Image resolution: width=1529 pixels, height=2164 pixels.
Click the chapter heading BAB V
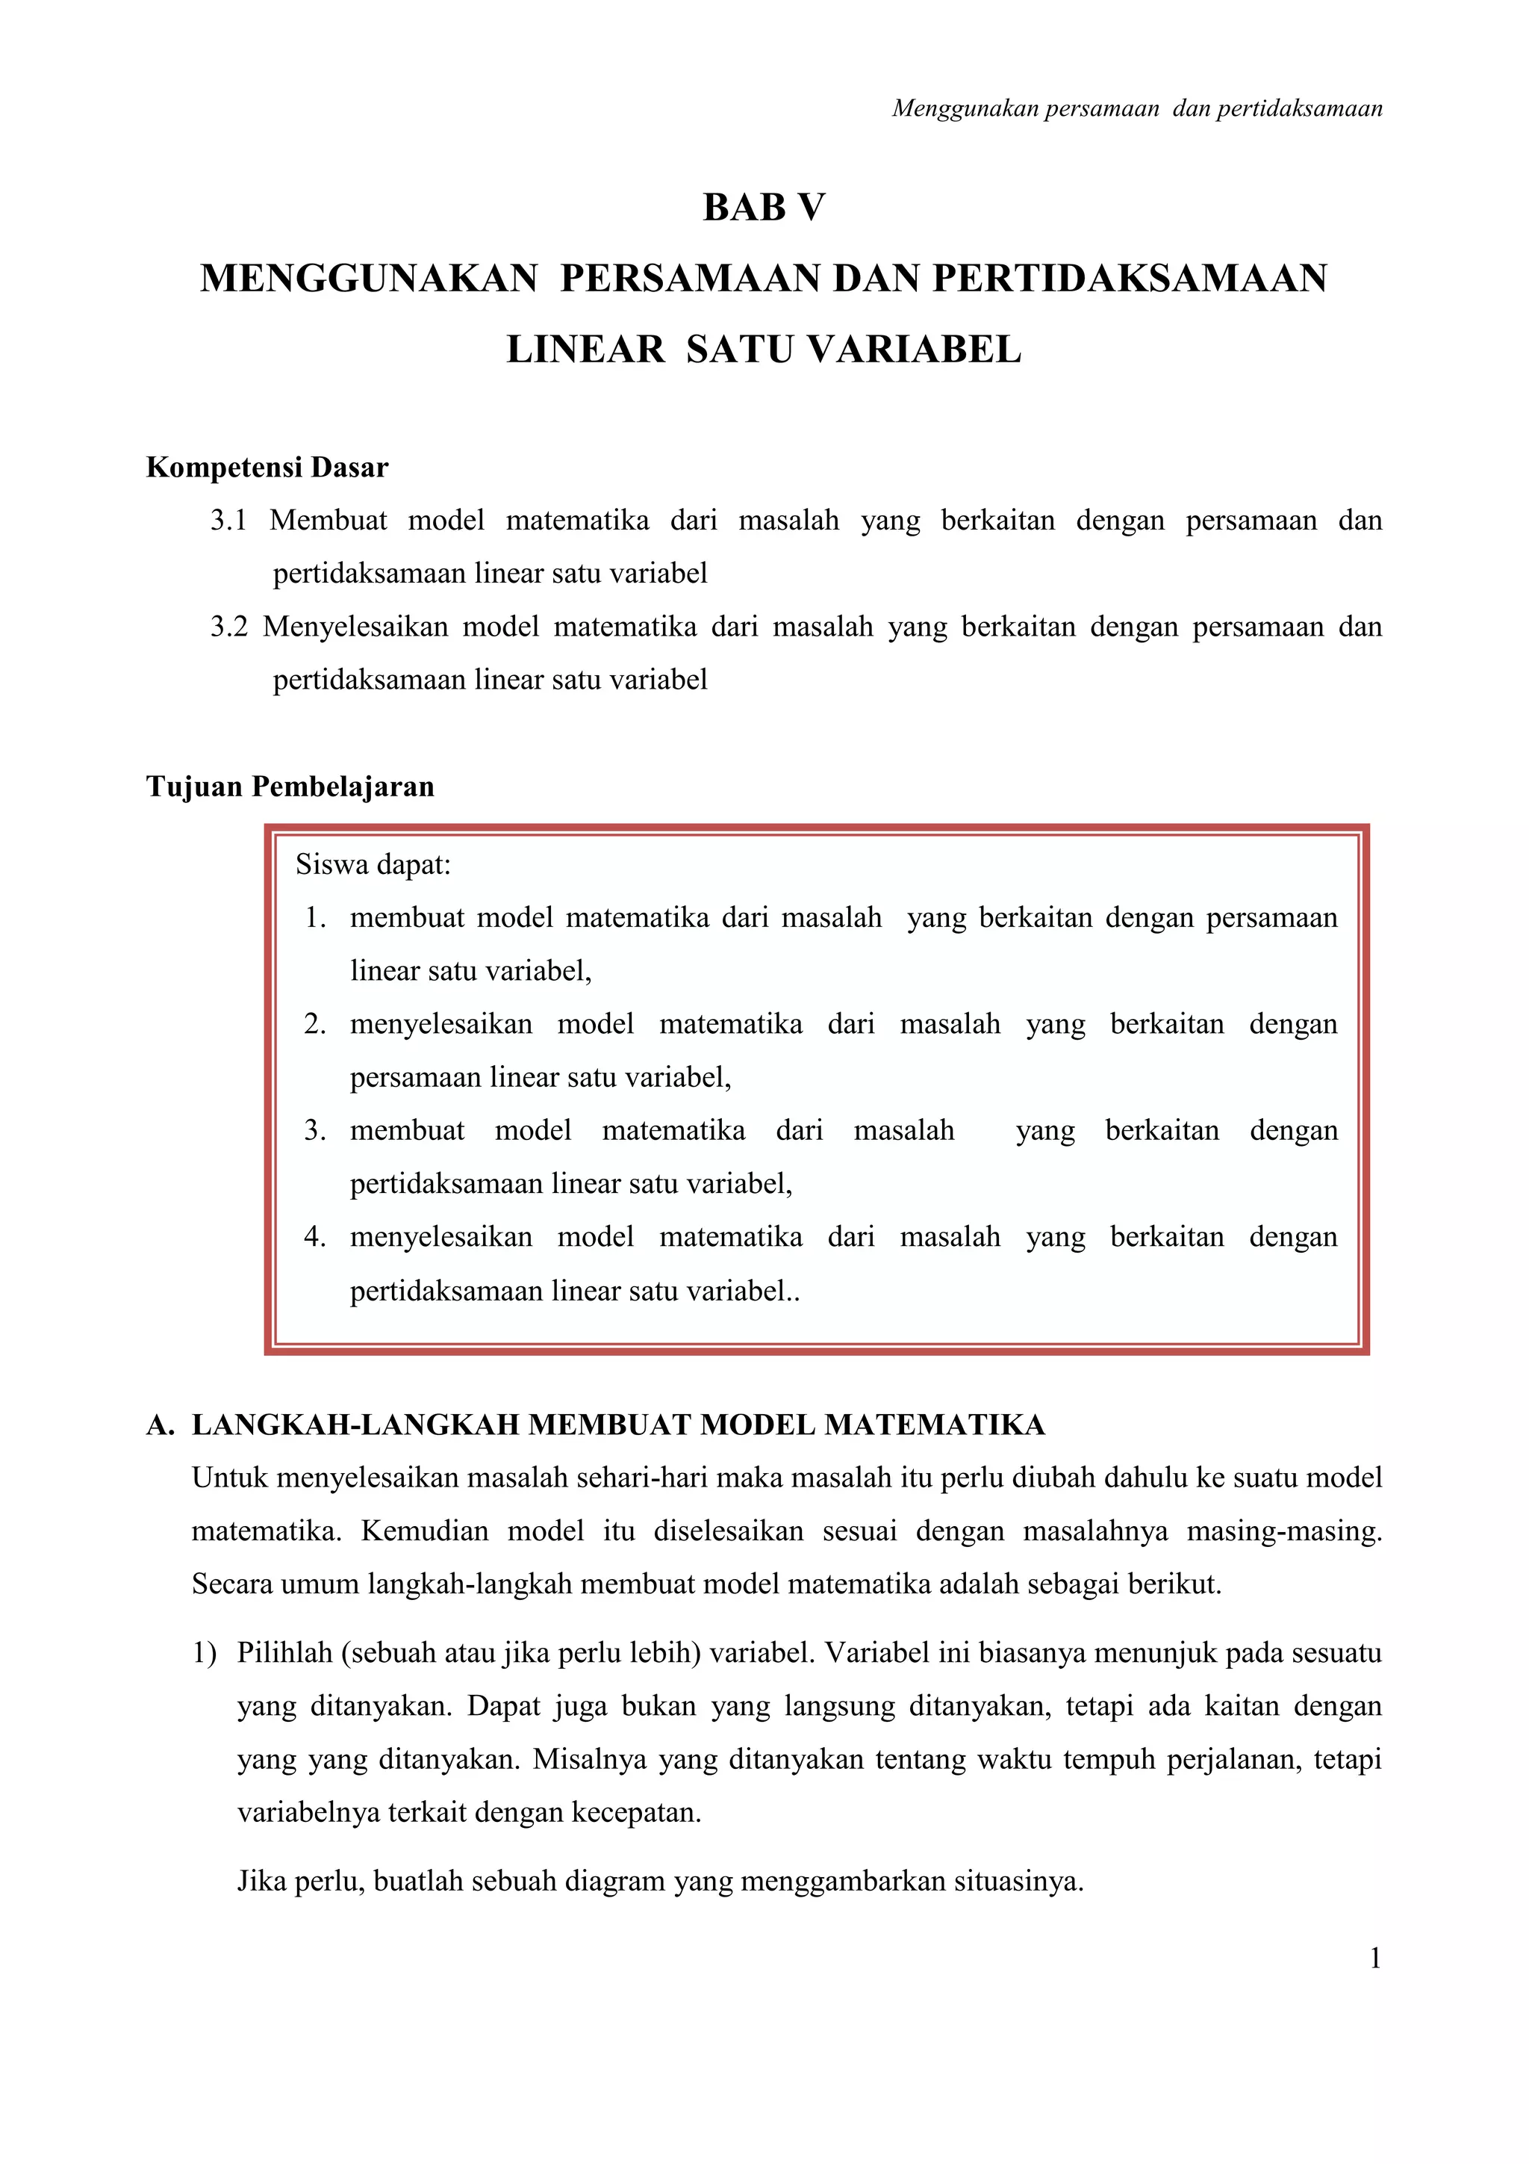click(763, 208)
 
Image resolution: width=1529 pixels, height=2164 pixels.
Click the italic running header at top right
click(1136, 109)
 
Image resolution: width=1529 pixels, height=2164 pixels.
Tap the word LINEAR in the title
click(585, 350)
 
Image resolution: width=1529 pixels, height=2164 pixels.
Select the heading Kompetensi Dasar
click(267, 468)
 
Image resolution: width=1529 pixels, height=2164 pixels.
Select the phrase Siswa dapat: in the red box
click(373, 864)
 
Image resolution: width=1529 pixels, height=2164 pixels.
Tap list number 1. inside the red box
click(316, 918)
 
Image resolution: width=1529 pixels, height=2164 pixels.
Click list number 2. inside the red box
click(316, 1025)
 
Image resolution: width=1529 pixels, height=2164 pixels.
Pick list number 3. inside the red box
click(316, 1131)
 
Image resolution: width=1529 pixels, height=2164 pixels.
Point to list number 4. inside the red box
click(316, 1238)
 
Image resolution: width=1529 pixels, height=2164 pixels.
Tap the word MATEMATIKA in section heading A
click(935, 1425)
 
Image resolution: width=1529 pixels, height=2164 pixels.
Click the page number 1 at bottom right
click(1374, 1959)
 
